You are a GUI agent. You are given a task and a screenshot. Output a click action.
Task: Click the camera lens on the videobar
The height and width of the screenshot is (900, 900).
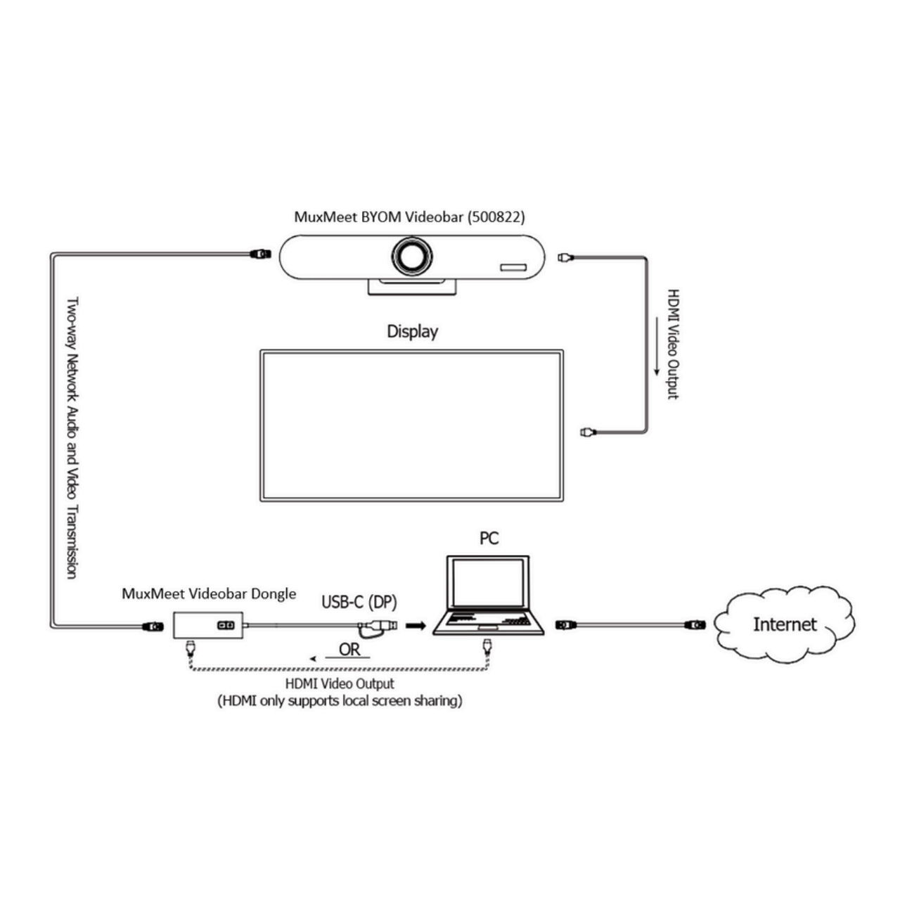point(412,257)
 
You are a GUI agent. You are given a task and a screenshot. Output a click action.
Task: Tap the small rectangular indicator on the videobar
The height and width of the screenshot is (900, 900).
point(513,268)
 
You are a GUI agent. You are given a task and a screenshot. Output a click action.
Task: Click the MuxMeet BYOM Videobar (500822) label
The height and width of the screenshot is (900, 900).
point(409,217)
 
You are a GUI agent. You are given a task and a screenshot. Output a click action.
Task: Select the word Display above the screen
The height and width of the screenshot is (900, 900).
point(412,331)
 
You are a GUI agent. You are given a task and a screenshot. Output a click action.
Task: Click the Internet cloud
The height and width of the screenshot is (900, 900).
point(784,624)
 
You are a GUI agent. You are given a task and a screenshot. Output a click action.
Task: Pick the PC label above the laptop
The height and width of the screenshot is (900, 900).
point(489,539)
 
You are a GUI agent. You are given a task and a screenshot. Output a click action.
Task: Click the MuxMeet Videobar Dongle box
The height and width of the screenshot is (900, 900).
point(208,624)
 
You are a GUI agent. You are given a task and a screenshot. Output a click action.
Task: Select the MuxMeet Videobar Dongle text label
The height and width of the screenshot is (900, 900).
point(209,594)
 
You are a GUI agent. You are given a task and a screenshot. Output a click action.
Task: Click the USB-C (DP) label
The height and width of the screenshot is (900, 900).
point(359,602)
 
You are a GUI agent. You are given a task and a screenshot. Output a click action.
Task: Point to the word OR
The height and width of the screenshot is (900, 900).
point(349,650)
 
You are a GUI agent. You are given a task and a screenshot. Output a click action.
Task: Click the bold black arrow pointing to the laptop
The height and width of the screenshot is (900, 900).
point(416,625)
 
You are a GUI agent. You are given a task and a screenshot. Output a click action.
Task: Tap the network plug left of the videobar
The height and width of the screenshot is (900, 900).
point(260,254)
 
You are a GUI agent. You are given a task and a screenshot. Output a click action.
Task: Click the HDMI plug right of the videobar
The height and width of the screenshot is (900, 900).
point(565,257)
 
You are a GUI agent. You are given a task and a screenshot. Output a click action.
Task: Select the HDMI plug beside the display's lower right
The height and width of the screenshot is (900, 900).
point(587,432)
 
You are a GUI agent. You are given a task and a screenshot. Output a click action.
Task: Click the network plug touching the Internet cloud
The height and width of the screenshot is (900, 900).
point(695,624)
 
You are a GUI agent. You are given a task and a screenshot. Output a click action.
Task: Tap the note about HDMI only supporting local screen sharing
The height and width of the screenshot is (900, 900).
point(340,701)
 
